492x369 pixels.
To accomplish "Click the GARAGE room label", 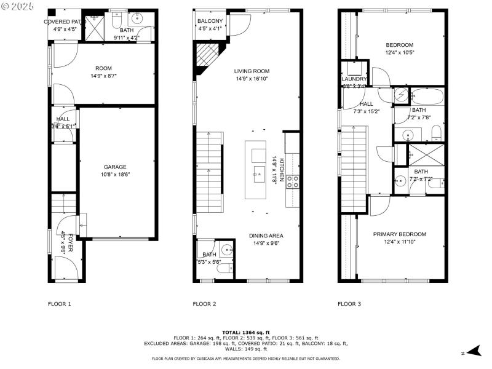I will (115, 167).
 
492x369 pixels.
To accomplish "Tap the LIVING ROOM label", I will (252, 71).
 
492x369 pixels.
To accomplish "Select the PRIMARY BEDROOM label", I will (399, 234).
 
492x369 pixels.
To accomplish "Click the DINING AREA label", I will (266, 236).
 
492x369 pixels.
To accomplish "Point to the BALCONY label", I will (210, 22).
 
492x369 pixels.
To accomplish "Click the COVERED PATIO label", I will (65, 22).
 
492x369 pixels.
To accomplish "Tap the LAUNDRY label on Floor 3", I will (354, 79).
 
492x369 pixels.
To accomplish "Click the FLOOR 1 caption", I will (60, 304).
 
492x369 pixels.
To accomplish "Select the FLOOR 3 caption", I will (349, 304).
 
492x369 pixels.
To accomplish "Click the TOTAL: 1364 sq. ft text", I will (246, 332).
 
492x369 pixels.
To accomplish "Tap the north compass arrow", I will (472, 352).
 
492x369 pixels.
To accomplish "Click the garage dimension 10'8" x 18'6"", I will (115, 174).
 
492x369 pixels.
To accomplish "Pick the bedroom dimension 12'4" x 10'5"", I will (399, 52).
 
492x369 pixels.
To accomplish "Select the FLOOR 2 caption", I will (204, 304).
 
